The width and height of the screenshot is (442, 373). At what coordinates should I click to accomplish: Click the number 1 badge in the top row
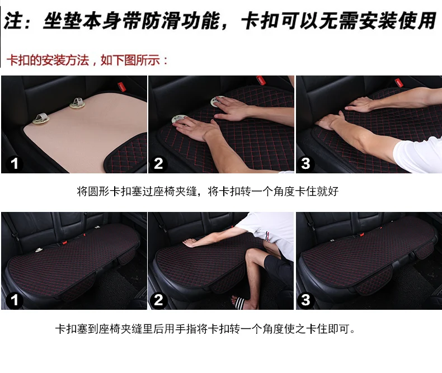click(14, 164)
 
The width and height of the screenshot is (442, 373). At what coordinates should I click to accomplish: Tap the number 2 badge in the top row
click(159, 164)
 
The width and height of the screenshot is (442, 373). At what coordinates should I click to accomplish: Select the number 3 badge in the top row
click(306, 164)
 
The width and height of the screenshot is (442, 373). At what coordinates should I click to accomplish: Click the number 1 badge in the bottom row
click(14, 300)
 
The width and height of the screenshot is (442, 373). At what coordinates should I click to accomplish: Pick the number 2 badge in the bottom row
click(159, 300)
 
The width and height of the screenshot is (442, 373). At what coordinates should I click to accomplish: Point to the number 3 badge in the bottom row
click(306, 300)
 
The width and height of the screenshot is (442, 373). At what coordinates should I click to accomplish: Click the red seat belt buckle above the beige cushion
click(121, 86)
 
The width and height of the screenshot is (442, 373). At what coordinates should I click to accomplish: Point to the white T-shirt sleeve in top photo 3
click(418, 154)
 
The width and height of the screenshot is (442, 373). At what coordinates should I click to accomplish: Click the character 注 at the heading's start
click(13, 21)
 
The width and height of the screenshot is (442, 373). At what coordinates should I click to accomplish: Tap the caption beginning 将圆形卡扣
click(208, 192)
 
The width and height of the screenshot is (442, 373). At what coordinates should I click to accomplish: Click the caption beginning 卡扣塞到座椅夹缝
click(205, 329)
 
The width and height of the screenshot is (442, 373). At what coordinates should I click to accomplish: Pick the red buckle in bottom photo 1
click(65, 242)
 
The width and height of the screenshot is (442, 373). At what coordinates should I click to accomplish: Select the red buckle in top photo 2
click(261, 80)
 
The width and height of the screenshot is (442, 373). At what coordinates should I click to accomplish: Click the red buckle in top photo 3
click(398, 82)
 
